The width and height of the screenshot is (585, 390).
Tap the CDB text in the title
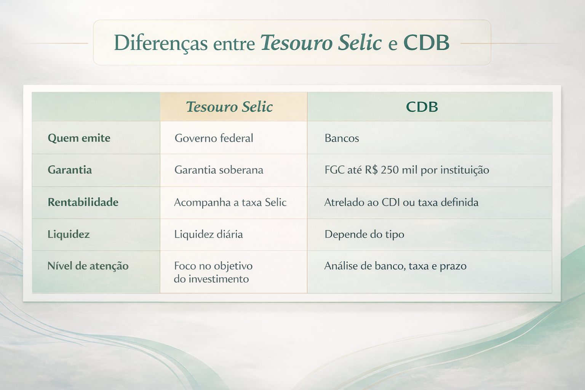tap(426, 43)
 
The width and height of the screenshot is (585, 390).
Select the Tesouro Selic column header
tap(229, 107)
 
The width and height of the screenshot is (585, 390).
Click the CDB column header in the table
tap(422, 107)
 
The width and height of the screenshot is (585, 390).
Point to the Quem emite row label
tap(79, 138)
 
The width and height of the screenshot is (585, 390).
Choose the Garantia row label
tap(70, 170)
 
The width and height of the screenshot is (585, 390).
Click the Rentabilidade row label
tap(83, 202)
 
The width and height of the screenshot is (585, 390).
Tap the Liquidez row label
tap(69, 234)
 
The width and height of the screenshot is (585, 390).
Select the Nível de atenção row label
tap(88, 266)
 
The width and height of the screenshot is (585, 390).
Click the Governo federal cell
tap(214, 138)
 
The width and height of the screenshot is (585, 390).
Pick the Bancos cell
tap(342, 138)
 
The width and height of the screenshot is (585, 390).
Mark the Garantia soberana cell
tap(219, 170)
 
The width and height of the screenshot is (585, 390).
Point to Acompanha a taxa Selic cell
tap(230, 202)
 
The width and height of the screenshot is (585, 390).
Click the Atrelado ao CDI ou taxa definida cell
tap(401, 202)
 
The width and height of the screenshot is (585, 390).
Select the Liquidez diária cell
tap(208, 234)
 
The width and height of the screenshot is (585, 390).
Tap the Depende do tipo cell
tap(364, 234)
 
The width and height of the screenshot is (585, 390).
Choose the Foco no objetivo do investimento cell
tap(213, 272)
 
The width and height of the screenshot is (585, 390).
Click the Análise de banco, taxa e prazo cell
tap(395, 266)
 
